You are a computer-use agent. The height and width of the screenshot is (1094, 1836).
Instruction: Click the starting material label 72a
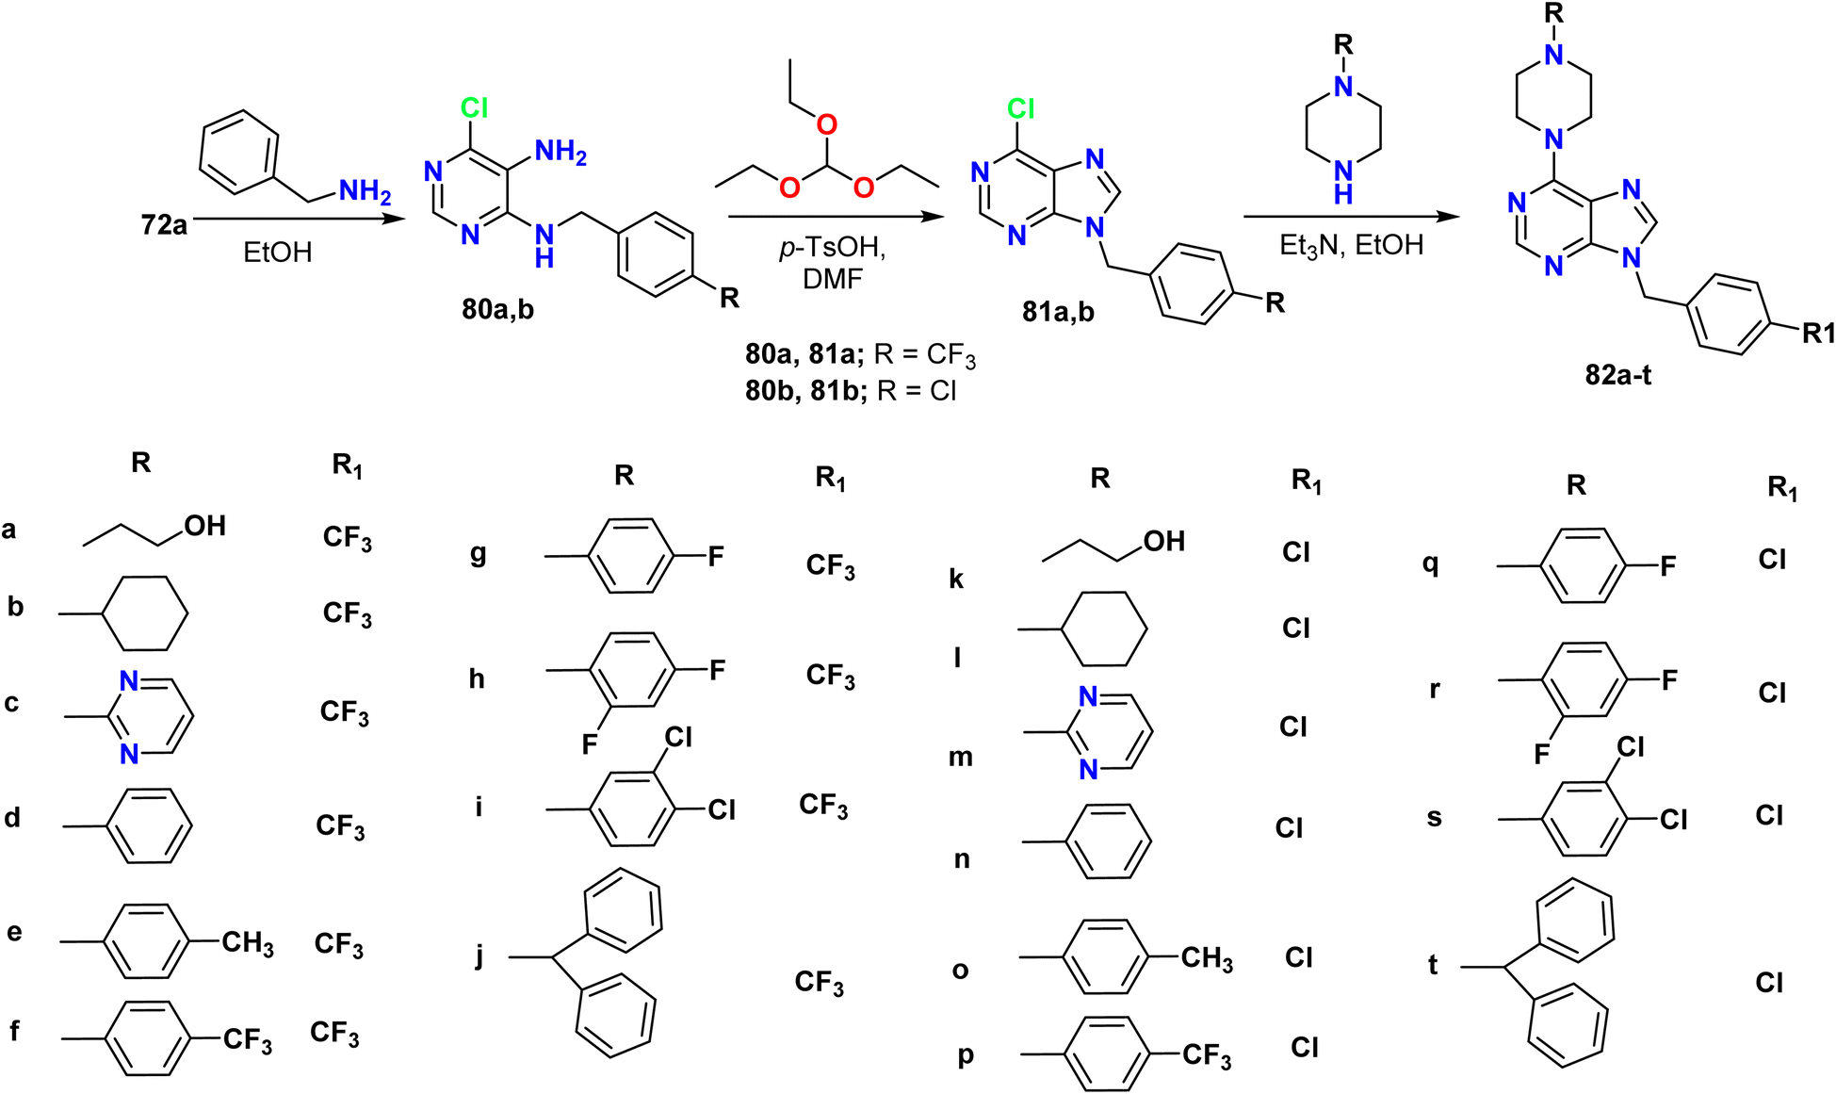pyautogui.click(x=164, y=225)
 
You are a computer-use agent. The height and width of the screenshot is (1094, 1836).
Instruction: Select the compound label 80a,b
pyautogui.click(x=497, y=309)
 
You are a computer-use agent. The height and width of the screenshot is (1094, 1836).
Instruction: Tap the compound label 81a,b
pyautogui.click(x=1058, y=311)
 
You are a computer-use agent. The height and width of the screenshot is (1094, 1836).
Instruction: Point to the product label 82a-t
pyautogui.click(x=1617, y=375)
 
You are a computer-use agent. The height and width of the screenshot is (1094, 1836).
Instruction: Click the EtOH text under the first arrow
pyautogui.click(x=277, y=253)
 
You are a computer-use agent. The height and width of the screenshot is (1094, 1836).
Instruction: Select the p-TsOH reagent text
pyautogui.click(x=832, y=248)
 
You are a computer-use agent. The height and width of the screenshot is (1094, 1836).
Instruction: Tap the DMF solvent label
pyautogui.click(x=833, y=279)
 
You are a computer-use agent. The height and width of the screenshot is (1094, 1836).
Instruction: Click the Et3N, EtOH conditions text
pyautogui.click(x=1351, y=246)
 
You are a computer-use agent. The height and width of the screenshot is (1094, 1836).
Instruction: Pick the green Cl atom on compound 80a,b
pyautogui.click(x=474, y=108)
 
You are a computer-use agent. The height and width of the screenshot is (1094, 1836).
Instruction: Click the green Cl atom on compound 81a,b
pyautogui.click(x=1020, y=109)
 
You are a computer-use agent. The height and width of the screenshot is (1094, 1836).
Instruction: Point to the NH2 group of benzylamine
pyautogui.click(x=365, y=191)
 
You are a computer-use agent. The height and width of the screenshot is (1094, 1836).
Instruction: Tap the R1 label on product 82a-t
pyautogui.click(x=1818, y=333)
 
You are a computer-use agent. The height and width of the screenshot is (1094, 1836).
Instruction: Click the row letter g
pyautogui.click(x=479, y=554)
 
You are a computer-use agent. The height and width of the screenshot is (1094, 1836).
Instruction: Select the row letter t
pyautogui.click(x=1433, y=965)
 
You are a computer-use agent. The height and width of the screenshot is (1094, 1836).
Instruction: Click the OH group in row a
pyautogui.click(x=205, y=526)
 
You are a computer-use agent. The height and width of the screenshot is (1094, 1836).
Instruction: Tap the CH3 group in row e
pyautogui.click(x=248, y=942)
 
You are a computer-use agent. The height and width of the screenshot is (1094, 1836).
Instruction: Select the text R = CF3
pyautogui.click(x=925, y=355)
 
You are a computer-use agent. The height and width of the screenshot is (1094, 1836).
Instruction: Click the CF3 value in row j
pyautogui.click(x=819, y=983)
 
